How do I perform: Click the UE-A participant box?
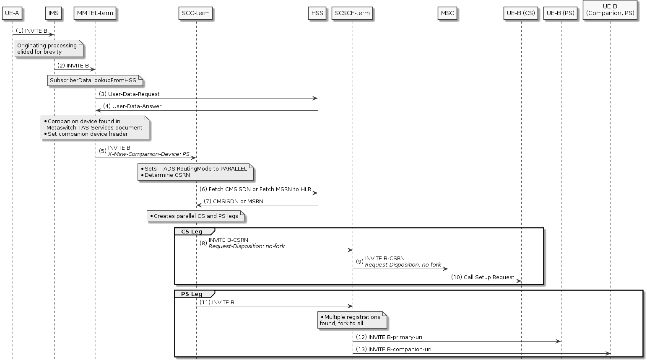coord(12,13)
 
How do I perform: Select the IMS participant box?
coord(54,13)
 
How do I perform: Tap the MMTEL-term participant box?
coord(95,13)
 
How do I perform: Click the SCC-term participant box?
coord(195,13)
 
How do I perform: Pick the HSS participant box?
coord(317,13)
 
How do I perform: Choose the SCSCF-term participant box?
coord(352,13)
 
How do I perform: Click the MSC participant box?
coord(447,13)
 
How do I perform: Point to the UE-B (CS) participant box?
coord(521,13)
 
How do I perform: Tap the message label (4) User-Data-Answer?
coord(132,106)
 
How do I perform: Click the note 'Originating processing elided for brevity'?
coord(49,49)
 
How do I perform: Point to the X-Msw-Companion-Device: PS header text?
coord(148,154)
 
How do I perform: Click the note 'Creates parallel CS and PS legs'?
coord(195,216)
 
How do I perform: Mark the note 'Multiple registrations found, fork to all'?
coord(351,320)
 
